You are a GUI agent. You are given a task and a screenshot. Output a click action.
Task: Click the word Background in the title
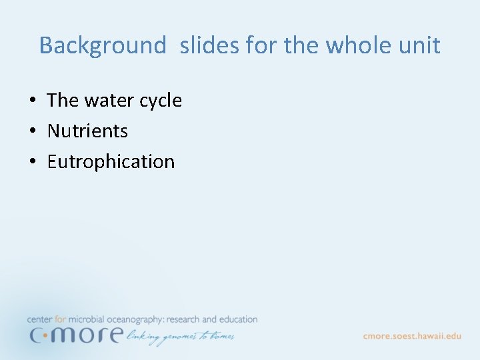[102, 45]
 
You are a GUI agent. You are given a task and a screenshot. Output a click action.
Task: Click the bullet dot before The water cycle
[32, 101]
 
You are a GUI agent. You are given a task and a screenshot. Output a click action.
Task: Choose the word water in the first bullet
[110, 100]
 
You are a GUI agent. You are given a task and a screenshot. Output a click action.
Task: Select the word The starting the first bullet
[63, 100]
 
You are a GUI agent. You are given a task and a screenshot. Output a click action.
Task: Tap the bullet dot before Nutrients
[32, 131]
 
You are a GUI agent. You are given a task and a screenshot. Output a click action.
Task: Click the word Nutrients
[87, 131]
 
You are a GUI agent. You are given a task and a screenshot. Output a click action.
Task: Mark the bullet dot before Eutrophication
[32, 162]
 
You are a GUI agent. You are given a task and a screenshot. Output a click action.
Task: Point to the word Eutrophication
[111, 162]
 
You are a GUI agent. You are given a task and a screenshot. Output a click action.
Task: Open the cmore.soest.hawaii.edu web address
[411, 335]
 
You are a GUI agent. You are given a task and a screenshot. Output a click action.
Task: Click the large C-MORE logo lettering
[75, 335]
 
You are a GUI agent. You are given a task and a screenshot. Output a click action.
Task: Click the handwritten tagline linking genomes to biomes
[180, 337]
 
